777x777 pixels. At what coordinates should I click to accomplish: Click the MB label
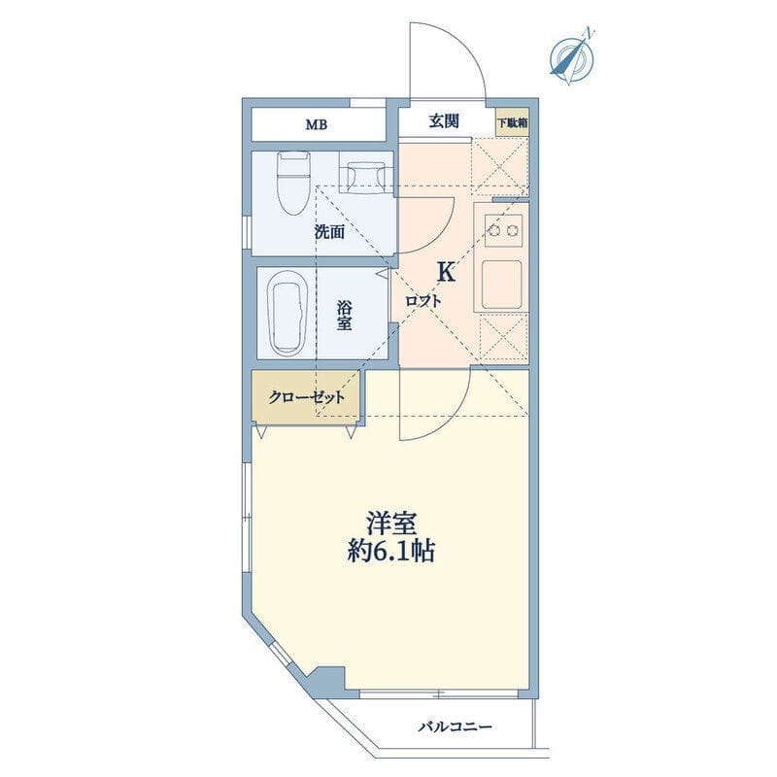click(317, 125)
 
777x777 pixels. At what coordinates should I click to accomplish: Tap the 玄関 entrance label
click(444, 120)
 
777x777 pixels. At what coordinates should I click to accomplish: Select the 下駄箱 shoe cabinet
click(513, 122)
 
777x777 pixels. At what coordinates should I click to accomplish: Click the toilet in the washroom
click(293, 183)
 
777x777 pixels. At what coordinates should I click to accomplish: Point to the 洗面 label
click(329, 232)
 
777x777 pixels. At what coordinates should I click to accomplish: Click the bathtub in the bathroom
click(287, 312)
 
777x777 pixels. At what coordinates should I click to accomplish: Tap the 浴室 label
click(345, 315)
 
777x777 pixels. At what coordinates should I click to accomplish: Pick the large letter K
click(446, 272)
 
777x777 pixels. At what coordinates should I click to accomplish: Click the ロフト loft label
click(422, 301)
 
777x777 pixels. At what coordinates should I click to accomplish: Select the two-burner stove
click(503, 230)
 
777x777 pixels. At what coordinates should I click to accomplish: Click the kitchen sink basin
click(501, 285)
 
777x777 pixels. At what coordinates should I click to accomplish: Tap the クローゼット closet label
click(306, 397)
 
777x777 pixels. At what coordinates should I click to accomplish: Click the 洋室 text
click(391, 524)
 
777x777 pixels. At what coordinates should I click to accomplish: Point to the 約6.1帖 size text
click(391, 551)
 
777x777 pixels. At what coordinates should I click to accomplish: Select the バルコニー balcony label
click(456, 726)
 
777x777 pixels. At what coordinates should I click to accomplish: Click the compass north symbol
click(572, 58)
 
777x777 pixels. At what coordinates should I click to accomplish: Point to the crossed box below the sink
click(502, 337)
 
